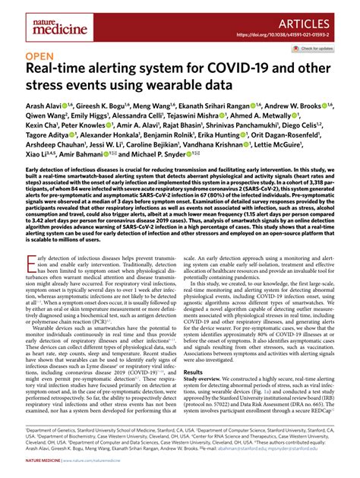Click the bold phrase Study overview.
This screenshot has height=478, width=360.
(209, 402)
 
